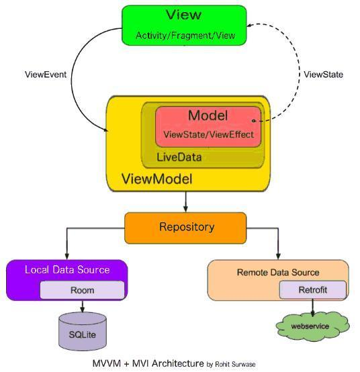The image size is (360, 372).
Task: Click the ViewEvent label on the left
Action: click(46, 75)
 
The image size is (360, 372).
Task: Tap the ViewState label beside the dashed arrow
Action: click(324, 75)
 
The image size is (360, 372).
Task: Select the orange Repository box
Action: click(185, 228)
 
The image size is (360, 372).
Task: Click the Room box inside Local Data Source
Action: click(82, 290)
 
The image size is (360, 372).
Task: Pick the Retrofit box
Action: click(313, 289)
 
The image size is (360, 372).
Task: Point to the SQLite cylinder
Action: click(83, 332)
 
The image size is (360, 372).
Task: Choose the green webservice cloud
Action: click(312, 326)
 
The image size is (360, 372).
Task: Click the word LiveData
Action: click(179, 157)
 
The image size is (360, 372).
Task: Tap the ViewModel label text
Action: click(157, 179)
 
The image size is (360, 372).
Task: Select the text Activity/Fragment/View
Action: click(185, 36)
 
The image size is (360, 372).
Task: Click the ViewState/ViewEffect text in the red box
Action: click(209, 134)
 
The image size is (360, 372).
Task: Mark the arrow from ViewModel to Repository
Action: click(185, 201)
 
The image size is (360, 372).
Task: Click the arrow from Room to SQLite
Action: click(82, 306)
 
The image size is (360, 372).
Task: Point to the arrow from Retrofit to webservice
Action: click(312, 308)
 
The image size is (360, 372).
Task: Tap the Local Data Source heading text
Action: click(67, 270)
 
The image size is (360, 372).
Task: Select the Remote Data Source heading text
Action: click(278, 273)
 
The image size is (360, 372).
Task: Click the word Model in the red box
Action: click(208, 115)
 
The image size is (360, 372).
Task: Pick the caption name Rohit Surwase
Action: click(235, 364)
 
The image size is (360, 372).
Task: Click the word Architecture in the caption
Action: click(178, 363)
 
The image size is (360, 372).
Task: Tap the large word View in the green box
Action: click(183, 15)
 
